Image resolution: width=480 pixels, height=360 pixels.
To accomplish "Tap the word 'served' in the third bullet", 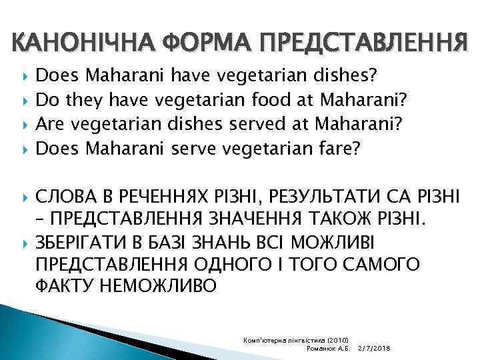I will coord(244,123).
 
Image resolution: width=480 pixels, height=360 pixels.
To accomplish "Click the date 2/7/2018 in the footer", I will coord(374,349).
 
